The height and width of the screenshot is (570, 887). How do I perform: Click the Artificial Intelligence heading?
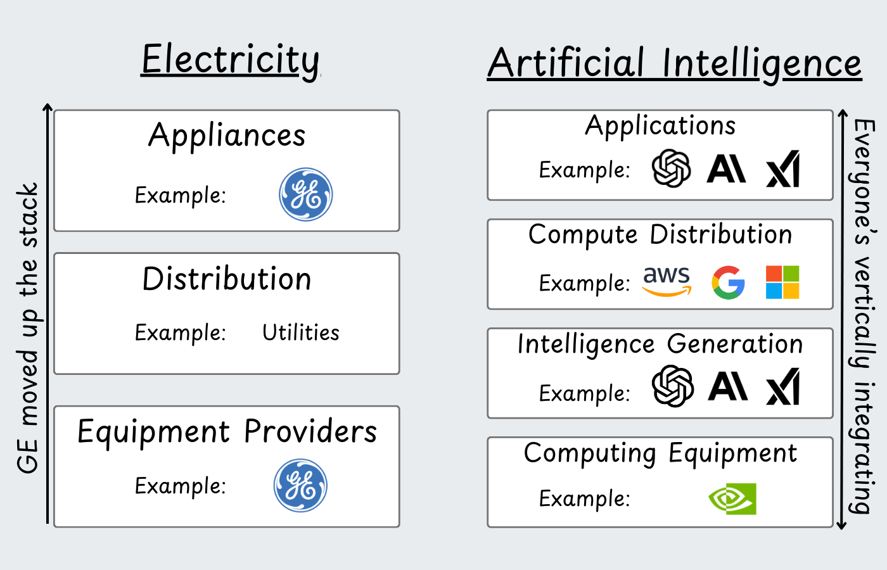tap(674, 63)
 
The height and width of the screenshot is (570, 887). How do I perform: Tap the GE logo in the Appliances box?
tap(305, 194)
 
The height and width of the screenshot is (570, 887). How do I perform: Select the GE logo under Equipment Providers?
tap(300, 485)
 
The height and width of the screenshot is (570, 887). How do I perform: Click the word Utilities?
tap(301, 332)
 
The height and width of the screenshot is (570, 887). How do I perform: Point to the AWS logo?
tap(667, 281)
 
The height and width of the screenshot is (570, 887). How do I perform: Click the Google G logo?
tap(728, 282)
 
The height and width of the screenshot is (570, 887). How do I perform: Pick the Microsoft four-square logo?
tap(782, 282)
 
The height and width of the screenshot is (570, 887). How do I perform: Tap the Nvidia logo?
tap(732, 499)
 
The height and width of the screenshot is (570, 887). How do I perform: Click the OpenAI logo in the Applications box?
tap(672, 168)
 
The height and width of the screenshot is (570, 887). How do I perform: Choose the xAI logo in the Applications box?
tap(783, 168)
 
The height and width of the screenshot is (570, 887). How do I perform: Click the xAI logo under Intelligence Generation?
tap(783, 386)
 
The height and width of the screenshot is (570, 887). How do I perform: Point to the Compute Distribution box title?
tap(660, 235)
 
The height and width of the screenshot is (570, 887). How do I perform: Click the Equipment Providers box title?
tap(227, 432)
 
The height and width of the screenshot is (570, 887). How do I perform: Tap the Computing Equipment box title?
tap(660, 453)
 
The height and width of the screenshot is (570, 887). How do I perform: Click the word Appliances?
tap(227, 136)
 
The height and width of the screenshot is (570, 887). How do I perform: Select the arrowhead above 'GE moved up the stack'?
tap(48, 107)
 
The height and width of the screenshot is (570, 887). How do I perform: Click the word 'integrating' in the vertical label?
tap(862, 448)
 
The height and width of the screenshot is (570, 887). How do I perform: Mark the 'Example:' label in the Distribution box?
tap(181, 333)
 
